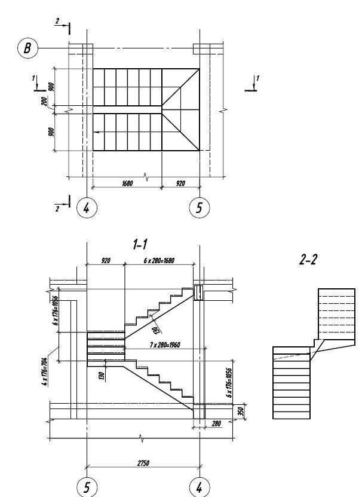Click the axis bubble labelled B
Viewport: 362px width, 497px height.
click(26, 48)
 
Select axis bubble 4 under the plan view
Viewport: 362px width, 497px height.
click(86, 208)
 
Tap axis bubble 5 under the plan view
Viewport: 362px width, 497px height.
click(199, 208)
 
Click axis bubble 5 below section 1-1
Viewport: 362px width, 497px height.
click(87, 486)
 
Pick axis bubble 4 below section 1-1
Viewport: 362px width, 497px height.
click(199, 486)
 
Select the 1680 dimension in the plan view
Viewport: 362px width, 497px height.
click(127, 184)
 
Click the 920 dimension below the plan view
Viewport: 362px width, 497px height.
click(180, 184)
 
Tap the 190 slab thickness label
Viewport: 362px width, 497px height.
click(155, 330)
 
